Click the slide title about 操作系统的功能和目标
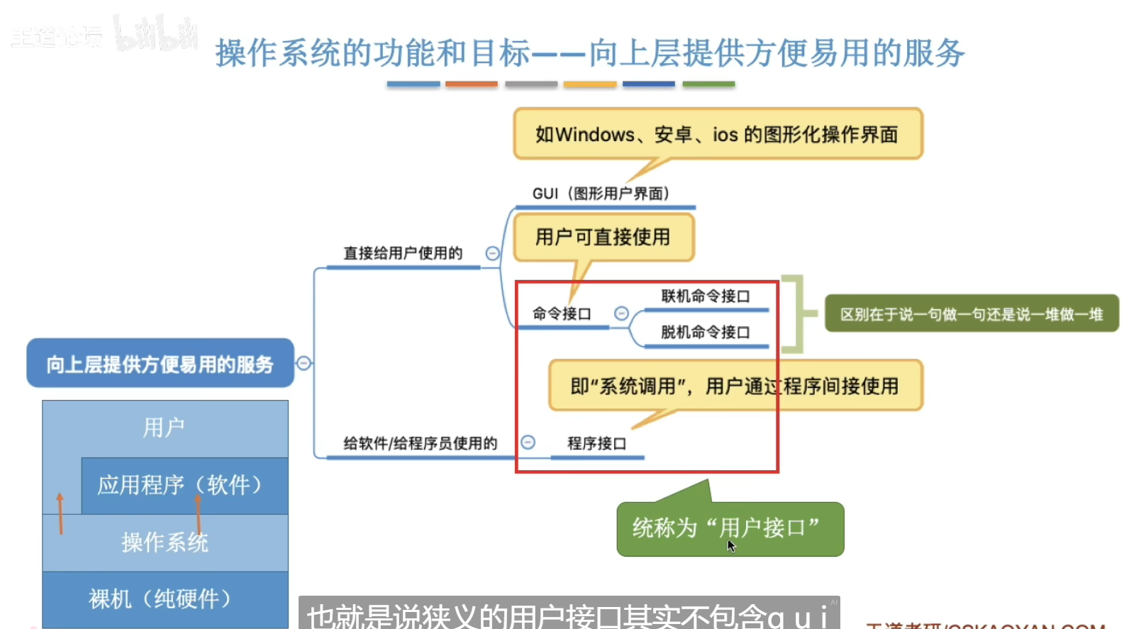589,53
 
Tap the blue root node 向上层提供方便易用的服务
160,364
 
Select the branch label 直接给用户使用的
403,253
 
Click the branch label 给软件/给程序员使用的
420,443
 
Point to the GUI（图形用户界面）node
601,194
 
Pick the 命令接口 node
562,313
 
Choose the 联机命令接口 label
705,296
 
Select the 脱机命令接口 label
705,332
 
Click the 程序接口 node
596,443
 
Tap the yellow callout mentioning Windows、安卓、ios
718,134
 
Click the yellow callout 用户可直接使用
603,237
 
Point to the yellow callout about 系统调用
735,386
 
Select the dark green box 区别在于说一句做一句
971,314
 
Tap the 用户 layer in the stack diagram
165,428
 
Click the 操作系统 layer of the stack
165,542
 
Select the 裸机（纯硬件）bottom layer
165,599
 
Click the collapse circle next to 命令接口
621,313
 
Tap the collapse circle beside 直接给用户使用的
492,253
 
